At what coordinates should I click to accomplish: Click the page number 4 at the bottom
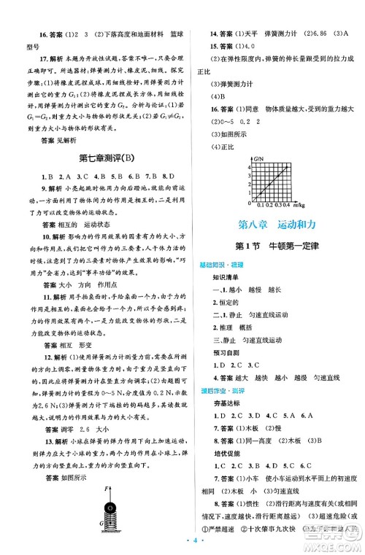(x=182, y=543)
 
